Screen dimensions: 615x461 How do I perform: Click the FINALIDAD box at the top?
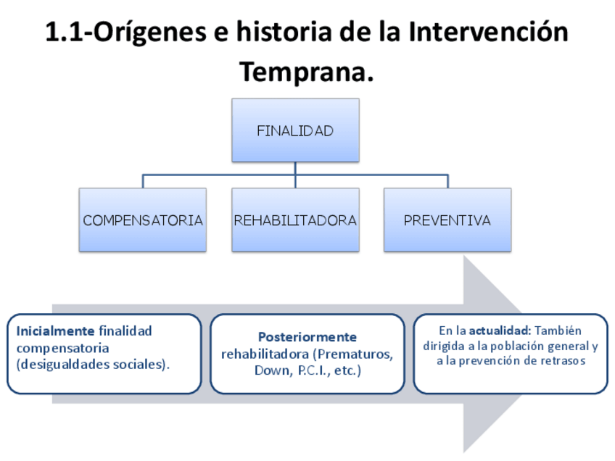pyautogui.click(x=295, y=130)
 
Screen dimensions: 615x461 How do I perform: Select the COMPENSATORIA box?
pyautogui.click(x=143, y=220)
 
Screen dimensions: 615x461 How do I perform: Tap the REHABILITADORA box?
pyautogui.click(x=295, y=220)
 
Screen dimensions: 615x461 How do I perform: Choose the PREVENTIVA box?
pyautogui.click(x=447, y=220)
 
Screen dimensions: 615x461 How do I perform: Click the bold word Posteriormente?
pyautogui.click(x=307, y=337)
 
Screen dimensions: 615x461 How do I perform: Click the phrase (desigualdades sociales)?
pyautogui.click(x=93, y=365)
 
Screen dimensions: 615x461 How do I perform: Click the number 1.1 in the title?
pyautogui.click(x=66, y=33)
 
